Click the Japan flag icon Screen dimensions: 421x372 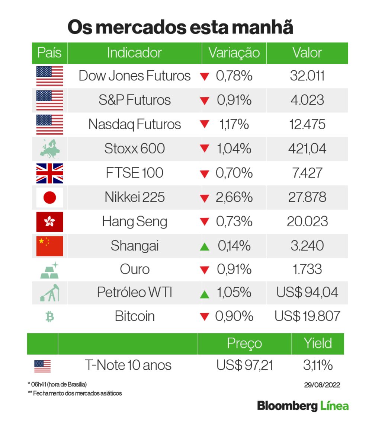pos(49,197)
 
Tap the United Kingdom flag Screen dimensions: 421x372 pos(49,173)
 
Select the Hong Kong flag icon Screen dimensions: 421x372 pos(49,222)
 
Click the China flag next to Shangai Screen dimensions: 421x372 pos(49,246)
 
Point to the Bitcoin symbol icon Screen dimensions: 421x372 pos(49,317)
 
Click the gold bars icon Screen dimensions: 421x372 pos(49,270)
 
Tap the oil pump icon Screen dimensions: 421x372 pos(49,293)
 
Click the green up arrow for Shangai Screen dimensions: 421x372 pos(205,246)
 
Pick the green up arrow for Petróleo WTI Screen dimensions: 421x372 pos(205,294)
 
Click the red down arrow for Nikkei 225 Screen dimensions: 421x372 pos(205,198)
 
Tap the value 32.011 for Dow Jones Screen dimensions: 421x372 pos(307,76)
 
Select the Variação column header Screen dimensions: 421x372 pos(234,53)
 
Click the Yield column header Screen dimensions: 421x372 pos(317,343)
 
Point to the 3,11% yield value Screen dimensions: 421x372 pos(317,366)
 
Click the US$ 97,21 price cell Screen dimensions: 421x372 pos(244,366)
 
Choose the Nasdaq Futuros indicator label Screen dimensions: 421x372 pos(134,124)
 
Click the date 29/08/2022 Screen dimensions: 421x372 pos(322,385)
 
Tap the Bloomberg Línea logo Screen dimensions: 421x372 pos(303,405)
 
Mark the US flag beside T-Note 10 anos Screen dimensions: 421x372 pos(42,366)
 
